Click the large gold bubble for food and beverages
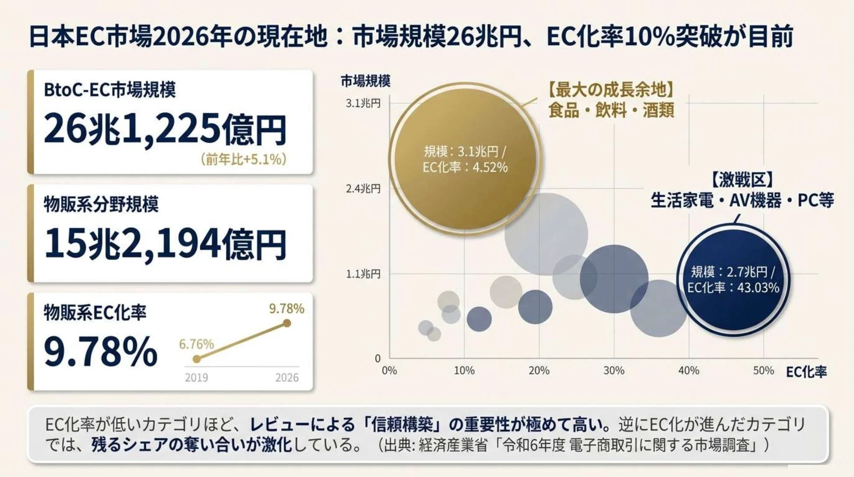(x=465, y=159)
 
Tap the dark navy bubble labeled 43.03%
(x=734, y=280)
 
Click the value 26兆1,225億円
(x=166, y=129)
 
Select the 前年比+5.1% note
(x=243, y=159)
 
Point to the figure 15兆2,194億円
(x=166, y=244)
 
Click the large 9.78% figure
(x=101, y=351)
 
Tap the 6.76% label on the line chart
(x=196, y=344)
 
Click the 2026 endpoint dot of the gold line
(x=287, y=323)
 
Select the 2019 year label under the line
(x=196, y=378)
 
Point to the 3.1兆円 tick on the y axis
(x=363, y=103)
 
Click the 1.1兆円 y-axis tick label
(x=363, y=274)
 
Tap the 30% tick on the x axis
(x=614, y=371)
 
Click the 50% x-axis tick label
(x=763, y=371)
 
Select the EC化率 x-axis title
(x=806, y=372)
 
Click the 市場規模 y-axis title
(x=365, y=81)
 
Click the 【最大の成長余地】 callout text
(x=611, y=90)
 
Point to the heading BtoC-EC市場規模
(x=109, y=90)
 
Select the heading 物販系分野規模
(x=101, y=204)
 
